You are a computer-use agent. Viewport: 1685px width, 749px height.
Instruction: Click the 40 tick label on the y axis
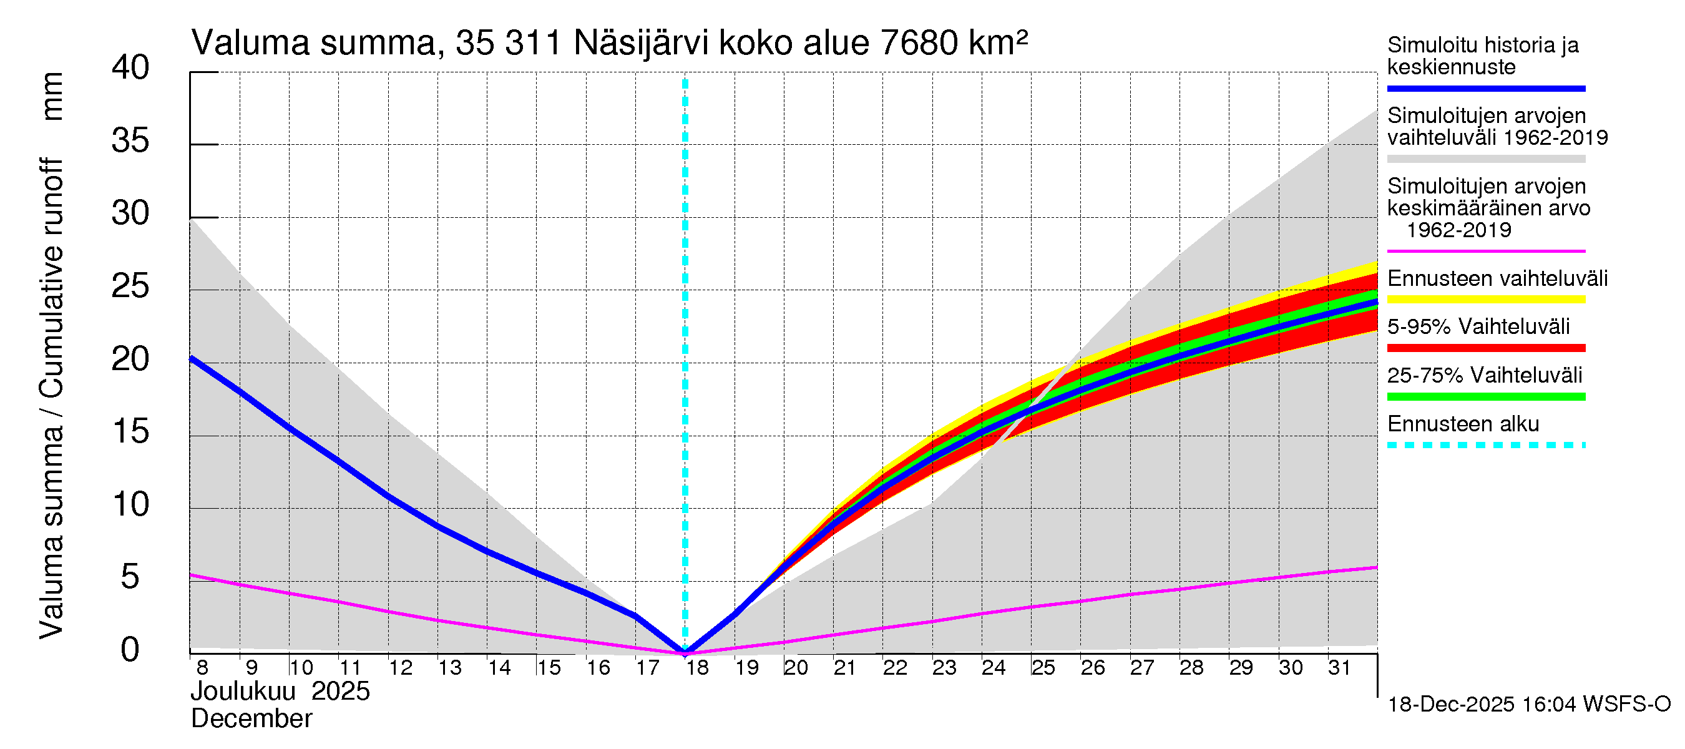130,67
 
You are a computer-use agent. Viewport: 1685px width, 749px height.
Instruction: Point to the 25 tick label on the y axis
130,286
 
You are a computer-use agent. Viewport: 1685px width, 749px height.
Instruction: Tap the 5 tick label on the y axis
130,577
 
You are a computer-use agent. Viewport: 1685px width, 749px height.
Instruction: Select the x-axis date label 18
696,668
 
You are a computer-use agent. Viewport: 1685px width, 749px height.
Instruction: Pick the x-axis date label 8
202,668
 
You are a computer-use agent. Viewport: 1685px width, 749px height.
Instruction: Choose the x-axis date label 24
993,668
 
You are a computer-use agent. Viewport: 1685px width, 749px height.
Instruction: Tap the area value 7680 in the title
919,43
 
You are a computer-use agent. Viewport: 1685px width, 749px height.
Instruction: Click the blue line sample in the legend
1485,88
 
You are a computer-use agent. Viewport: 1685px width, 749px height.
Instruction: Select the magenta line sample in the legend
1485,251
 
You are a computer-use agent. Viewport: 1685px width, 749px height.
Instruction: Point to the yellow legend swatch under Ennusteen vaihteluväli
1485,300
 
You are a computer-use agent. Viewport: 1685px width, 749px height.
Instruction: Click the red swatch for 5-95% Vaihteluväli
1485,348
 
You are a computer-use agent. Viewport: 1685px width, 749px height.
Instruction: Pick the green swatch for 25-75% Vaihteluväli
1485,396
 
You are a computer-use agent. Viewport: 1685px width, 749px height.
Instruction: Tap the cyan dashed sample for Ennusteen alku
1485,446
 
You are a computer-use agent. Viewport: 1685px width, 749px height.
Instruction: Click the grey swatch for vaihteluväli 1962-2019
1485,159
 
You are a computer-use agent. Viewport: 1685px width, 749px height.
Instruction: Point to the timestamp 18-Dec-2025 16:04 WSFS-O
1528,705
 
